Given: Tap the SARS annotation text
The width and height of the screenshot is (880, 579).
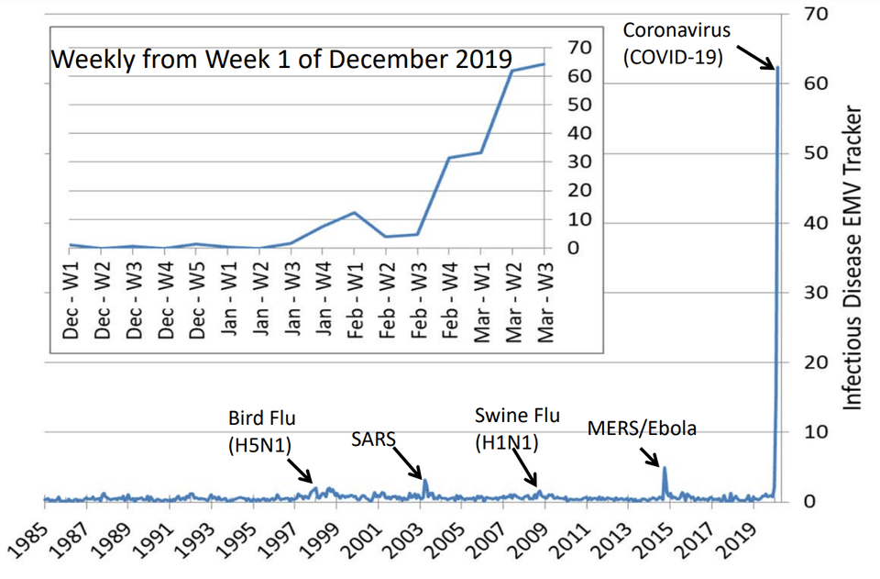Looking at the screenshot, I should tap(374, 440).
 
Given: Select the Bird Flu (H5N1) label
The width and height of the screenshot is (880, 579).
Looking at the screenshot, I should tap(262, 431).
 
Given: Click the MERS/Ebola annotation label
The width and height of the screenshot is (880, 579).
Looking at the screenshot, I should tap(642, 429).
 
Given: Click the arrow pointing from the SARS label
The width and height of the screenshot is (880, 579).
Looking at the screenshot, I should tap(408, 462).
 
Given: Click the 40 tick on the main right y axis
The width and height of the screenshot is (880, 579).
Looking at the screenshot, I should tap(817, 223).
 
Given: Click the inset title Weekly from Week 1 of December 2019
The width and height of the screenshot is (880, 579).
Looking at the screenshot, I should tap(280, 60).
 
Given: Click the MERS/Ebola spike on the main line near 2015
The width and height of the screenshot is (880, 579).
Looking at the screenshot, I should tap(664, 469).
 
